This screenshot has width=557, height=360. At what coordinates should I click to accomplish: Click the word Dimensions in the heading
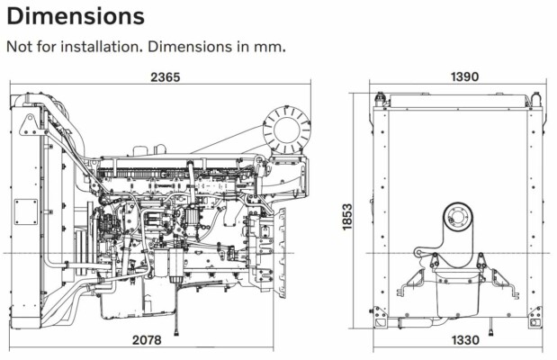click(x=75, y=16)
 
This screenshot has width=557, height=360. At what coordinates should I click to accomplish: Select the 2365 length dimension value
click(x=166, y=77)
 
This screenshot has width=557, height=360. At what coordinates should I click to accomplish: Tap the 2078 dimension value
click(x=150, y=340)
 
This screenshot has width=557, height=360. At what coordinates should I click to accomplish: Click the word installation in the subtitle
click(x=116, y=45)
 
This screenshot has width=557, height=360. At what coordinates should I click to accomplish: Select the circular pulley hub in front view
click(x=457, y=221)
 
